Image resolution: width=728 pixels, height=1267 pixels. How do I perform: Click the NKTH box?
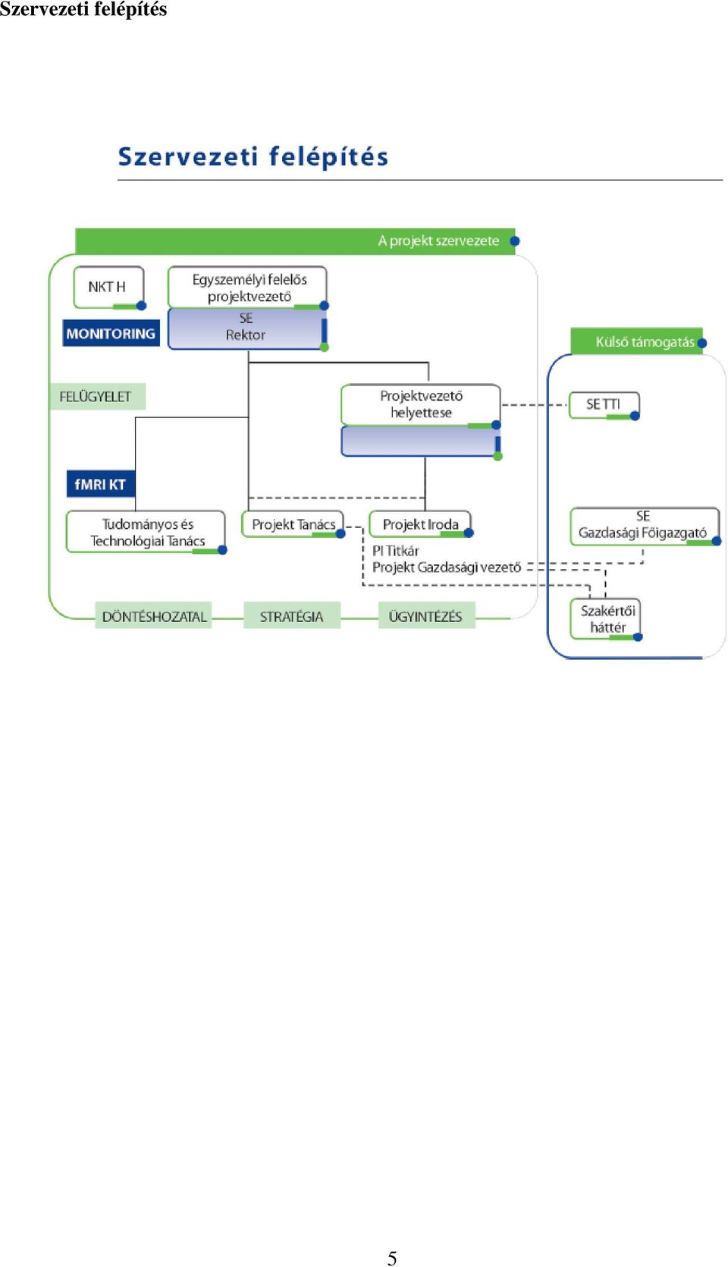point(108,288)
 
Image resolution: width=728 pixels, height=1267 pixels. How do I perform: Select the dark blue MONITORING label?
point(111,333)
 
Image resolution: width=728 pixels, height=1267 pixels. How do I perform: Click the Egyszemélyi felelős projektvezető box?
point(247,288)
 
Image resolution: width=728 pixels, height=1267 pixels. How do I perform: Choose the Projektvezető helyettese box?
point(421,404)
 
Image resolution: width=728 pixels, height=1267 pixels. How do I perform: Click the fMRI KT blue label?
point(101,484)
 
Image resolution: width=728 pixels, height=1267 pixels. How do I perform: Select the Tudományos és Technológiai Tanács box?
point(146,533)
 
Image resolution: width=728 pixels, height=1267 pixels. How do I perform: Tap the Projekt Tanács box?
point(293,524)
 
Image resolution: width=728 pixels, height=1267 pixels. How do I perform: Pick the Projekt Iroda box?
point(421,524)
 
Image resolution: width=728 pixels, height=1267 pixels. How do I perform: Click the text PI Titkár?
point(396,551)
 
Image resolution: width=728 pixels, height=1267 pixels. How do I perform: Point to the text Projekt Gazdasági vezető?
point(447,567)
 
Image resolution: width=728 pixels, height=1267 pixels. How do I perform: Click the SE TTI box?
point(604,405)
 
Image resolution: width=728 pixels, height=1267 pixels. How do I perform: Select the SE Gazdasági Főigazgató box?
point(645,526)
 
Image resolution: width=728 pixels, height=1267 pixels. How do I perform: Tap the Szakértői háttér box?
point(606,619)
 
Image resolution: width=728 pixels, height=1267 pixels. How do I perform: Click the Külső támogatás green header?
point(637,341)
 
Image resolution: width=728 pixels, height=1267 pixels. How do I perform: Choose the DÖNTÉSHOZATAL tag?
point(154,616)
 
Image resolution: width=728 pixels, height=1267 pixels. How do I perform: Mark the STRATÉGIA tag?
point(292,616)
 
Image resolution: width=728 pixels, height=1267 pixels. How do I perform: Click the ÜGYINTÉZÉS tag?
point(426,616)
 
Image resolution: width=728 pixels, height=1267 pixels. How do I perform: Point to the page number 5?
point(392,1258)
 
